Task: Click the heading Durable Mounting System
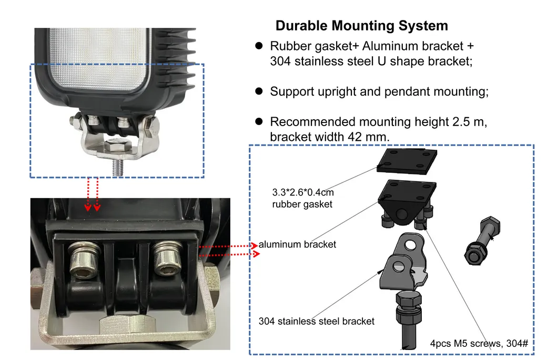362,26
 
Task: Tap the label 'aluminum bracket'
297,244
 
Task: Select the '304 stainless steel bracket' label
317,321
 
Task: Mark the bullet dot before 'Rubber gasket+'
259,46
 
